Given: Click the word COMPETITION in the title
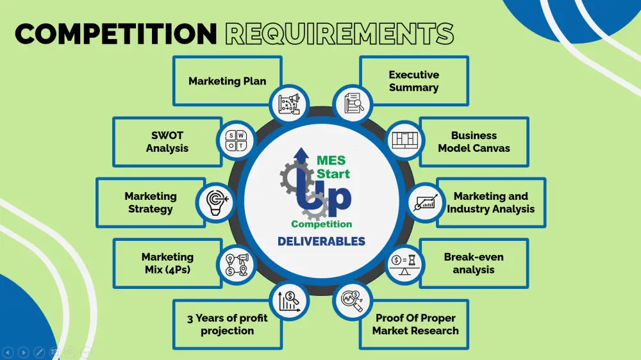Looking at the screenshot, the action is pos(115,33).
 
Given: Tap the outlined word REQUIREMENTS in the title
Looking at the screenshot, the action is pos(340,33).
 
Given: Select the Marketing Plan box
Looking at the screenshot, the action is pos(228,81).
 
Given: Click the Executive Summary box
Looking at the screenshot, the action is pos(413,81).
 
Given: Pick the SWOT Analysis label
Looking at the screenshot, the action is pos(167,142).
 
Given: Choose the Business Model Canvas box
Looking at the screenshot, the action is pos(474,142).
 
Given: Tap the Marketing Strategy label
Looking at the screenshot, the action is pos(151,202).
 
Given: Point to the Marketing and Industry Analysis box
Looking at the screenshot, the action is pos(490,202).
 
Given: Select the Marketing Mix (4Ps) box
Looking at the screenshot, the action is pos(167,263).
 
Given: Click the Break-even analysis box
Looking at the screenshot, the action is pos(474,263).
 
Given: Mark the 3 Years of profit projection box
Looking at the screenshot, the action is pos(228,325).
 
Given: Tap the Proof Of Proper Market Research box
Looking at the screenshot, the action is pos(413,325).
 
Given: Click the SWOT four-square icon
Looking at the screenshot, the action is pos(237,141).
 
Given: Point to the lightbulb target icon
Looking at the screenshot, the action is pos(217,202).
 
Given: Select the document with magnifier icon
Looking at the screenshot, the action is pos(353,102).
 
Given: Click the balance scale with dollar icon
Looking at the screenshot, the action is pos(404,265).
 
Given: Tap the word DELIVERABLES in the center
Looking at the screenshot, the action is pos(321,241).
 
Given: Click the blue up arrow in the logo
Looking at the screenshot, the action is pos(301,156).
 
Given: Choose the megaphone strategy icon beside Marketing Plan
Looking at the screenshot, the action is pos(289,104).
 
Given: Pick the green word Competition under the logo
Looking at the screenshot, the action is pos(321,224).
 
